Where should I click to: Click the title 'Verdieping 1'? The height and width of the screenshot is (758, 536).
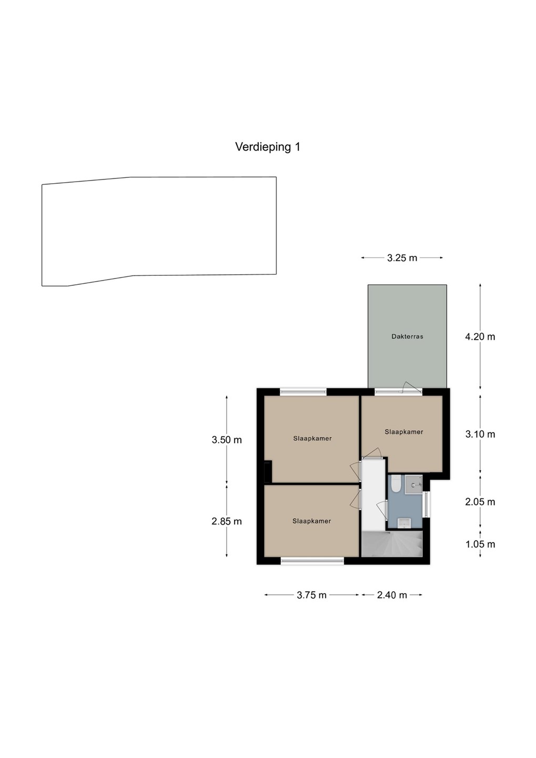pos(268,147)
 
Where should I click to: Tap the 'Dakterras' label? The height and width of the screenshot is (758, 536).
pos(407,336)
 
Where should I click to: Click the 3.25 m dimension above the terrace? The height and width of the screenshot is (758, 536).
pos(402,258)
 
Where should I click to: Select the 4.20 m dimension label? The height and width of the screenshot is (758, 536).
pos(480,337)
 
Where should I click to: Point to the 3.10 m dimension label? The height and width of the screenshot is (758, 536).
pos(480,434)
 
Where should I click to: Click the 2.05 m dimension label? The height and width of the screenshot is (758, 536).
pos(480,502)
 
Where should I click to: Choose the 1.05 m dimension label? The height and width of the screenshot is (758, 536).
pos(480,544)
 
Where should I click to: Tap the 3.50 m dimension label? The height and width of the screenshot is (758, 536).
pos(227,440)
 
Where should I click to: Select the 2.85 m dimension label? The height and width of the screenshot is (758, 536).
pos(227,522)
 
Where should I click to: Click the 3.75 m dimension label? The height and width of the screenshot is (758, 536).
pos(311,595)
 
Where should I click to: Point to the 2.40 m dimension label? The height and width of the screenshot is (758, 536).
pos(392,595)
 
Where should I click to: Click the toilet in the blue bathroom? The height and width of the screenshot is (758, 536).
pos(395,484)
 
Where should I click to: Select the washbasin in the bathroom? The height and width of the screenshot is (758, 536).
pos(403,523)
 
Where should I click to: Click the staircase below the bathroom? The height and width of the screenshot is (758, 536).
pos(392,544)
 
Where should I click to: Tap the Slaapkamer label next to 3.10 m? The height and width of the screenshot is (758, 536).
pos(404,432)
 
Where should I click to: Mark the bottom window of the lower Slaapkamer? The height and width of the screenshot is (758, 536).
pos(312,561)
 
